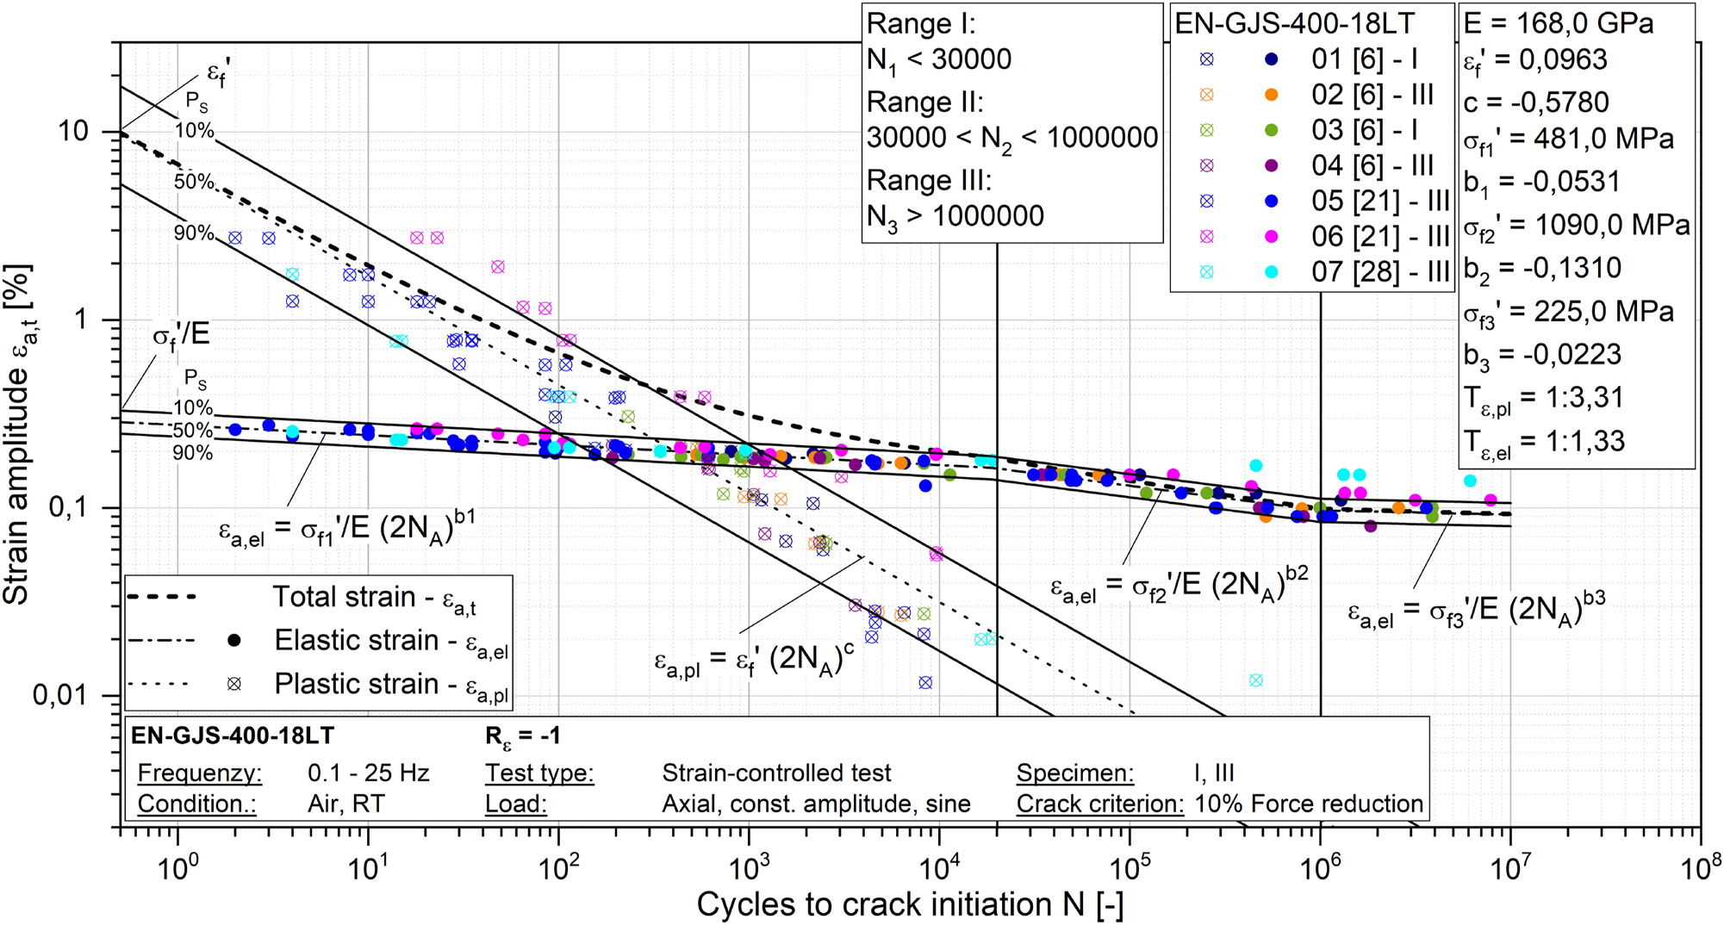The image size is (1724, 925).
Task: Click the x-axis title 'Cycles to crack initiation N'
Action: [x=909, y=904]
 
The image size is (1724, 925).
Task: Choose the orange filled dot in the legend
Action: [x=1271, y=95]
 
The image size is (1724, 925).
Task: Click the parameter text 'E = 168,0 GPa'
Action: [x=1558, y=23]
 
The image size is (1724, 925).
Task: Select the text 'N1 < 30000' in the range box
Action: [x=939, y=60]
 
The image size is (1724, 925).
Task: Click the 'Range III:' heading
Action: [x=929, y=180]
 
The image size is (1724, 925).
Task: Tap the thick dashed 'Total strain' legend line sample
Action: [x=161, y=597]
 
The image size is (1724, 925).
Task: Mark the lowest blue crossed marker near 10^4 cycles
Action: [x=925, y=683]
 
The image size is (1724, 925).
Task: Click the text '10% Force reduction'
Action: [x=1309, y=804]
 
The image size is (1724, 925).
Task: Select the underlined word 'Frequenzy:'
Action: [x=199, y=773]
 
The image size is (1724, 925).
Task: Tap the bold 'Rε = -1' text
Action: [x=523, y=736]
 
